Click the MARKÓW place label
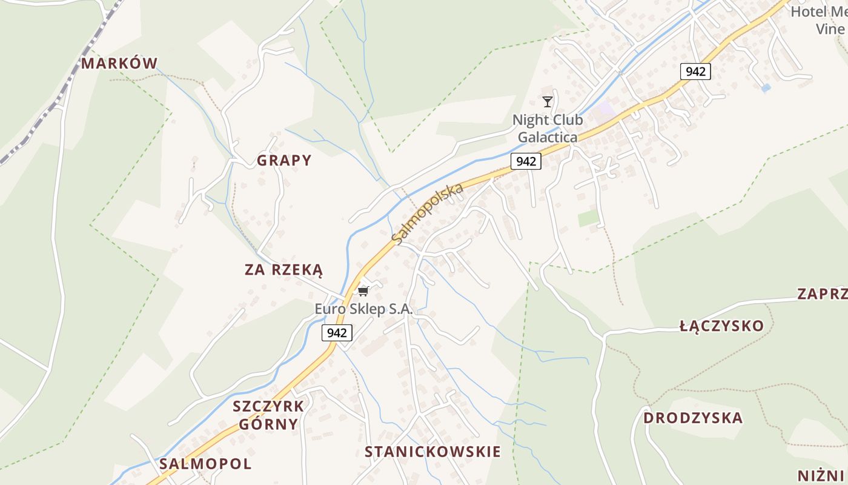pyautogui.click(x=119, y=63)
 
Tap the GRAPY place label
pyautogui.click(x=284, y=160)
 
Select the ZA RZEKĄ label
pyautogui.click(x=283, y=270)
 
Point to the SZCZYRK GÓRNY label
pyautogui.click(x=268, y=415)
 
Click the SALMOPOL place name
pyautogui.click(x=205, y=464)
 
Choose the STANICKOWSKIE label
pyautogui.click(x=432, y=451)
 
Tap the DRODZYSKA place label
pyautogui.click(x=692, y=418)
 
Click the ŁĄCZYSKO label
pyautogui.click(x=721, y=326)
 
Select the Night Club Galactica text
pyautogui.click(x=548, y=129)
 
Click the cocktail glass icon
pyautogui.click(x=548, y=102)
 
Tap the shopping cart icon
pyautogui.click(x=363, y=291)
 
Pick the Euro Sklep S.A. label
pyautogui.click(x=363, y=309)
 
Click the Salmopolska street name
pyautogui.click(x=428, y=213)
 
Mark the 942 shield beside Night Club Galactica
pyautogui.click(x=526, y=161)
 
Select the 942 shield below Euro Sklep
pyautogui.click(x=337, y=332)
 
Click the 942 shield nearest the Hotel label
pyautogui.click(x=695, y=72)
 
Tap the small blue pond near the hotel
pyautogui.click(x=766, y=88)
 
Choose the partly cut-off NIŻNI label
pyautogui.click(x=821, y=475)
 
